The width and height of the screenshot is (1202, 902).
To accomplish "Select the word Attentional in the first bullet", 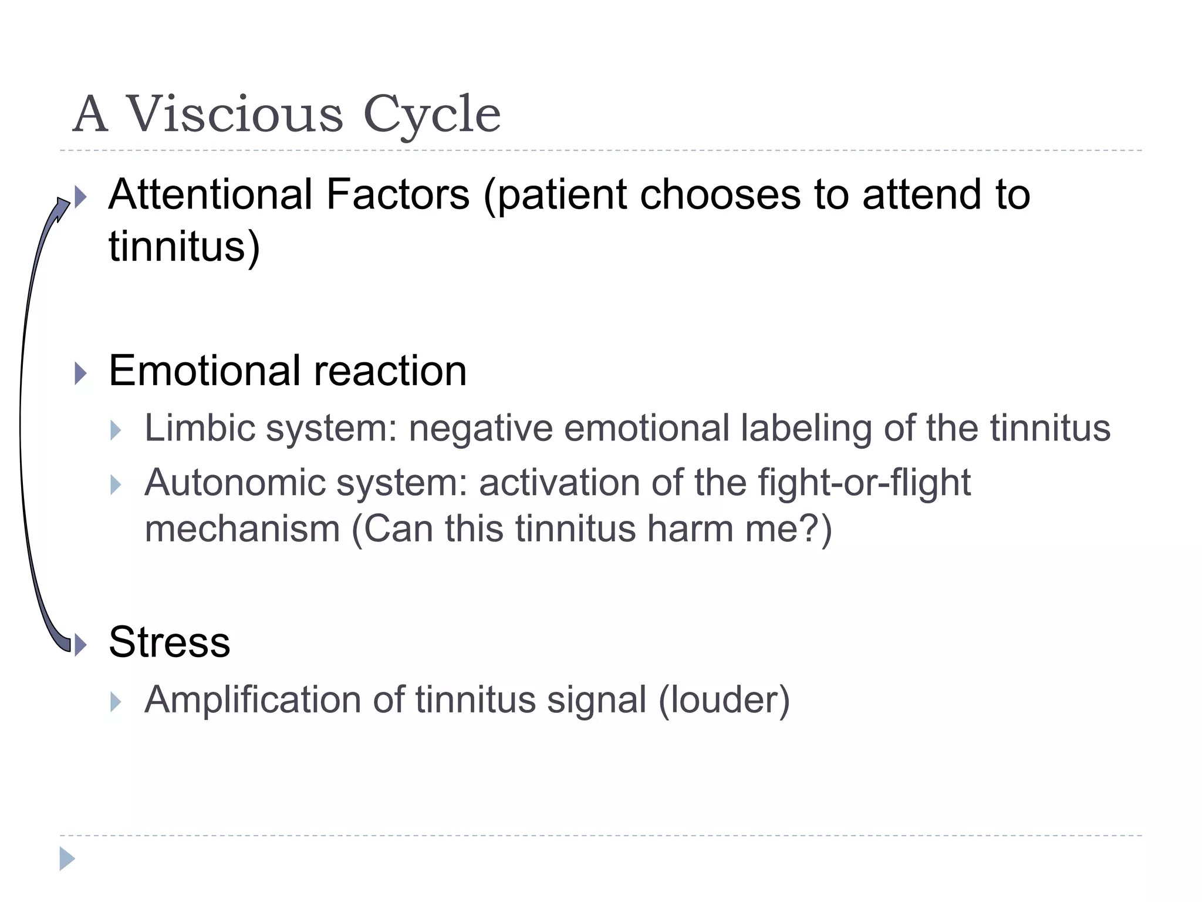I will click(210, 194).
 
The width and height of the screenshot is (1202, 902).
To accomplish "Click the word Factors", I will click(397, 194).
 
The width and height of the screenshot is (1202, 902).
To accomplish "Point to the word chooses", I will click(720, 194).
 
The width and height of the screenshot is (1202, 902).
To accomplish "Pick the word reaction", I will click(390, 371).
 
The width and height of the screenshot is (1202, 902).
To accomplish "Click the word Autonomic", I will click(234, 483).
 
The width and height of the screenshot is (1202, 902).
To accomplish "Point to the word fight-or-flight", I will click(864, 483).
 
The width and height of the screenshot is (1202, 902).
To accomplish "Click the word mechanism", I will click(242, 529).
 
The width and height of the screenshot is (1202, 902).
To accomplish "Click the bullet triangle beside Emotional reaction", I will click(81, 373).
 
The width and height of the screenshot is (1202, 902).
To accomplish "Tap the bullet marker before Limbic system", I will click(116, 430).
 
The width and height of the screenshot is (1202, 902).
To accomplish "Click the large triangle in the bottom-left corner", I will click(67, 859).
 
